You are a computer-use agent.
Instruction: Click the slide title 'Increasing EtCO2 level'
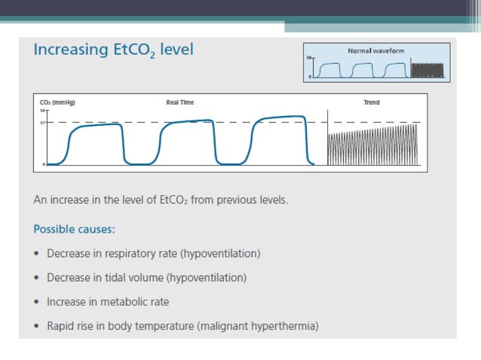click(113, 50)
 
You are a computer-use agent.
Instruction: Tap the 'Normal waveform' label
click(375, 50)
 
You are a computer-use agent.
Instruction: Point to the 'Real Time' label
click(179, 102)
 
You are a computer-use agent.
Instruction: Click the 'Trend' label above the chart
click(371, 102)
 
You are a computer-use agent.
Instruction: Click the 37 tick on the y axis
click(43, 121)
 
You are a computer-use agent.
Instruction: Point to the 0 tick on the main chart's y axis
click(44, 163)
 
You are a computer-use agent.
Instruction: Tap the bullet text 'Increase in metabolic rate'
click(108, 302)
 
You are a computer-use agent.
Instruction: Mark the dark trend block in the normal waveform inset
click(429, 72)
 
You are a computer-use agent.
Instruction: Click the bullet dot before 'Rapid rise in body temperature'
click(38, 326)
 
